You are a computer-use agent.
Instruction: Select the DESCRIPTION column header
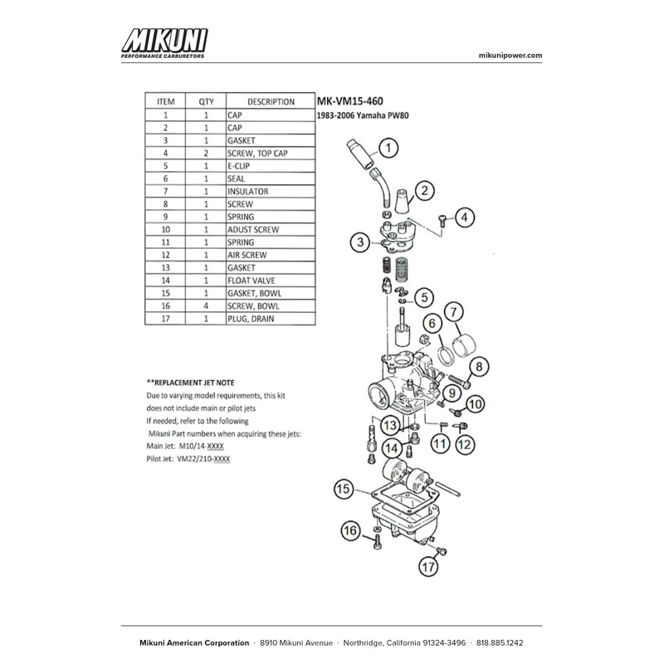(x=271, y=102)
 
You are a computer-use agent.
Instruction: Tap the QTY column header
(x=206, y=102)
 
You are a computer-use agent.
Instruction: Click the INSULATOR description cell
(x=248, y=191)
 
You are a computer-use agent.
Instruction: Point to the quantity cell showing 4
(x=206, y=306)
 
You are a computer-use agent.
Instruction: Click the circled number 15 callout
(x=344, y=490)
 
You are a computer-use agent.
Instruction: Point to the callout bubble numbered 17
(x=427, y=568)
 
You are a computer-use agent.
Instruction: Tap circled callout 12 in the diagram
(x=464, y=446)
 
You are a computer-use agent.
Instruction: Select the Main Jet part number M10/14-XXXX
(x=204, y=446)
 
